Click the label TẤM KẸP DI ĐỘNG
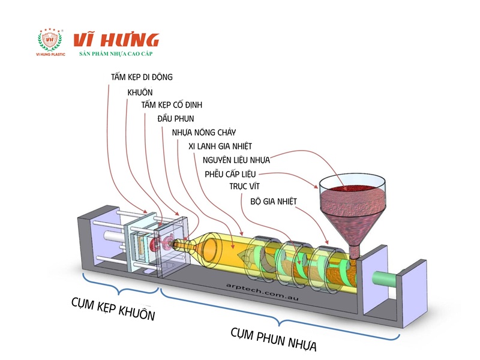(142, 77)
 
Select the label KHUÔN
(140, 92)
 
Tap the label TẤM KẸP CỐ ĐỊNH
(172, 106)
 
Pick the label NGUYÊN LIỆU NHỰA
(236, 160)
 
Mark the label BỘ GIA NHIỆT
(274, 202)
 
